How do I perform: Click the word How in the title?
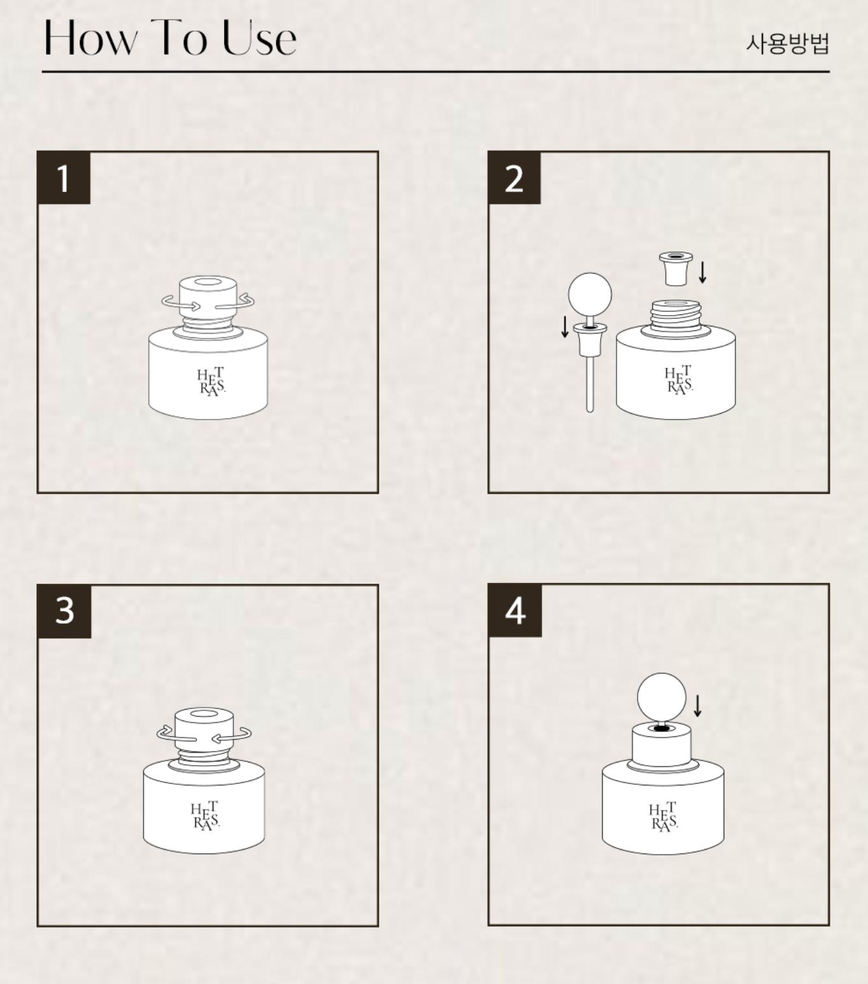[x=91, y=38]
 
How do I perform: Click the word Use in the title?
[x=259, y=38]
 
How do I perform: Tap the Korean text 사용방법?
[x=787, y=44]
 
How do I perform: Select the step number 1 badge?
[x=64, y=178]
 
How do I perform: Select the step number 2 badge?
[x=514, y=178]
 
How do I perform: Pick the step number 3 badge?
[x=64, y=612]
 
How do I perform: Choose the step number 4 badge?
[x=515, y=610]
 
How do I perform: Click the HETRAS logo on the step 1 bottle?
[x=211, y=382]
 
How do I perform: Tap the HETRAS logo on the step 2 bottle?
[x=679, y=380]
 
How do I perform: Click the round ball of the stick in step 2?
[x=590, y=294]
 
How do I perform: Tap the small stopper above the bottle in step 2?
[x=676, y=269]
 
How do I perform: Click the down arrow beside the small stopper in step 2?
[x=703, y=272]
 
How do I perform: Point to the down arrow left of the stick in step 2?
[x=564, y=327]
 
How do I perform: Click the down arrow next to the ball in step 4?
[x=697, y=706]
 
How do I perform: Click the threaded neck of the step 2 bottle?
[x=675, y=316]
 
